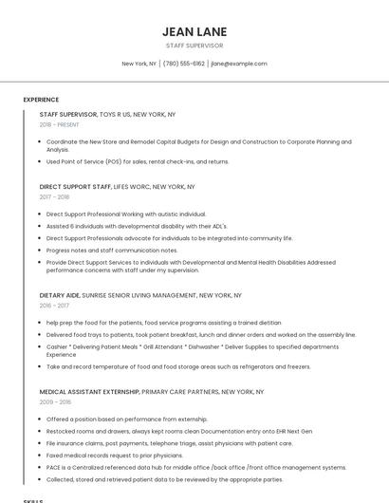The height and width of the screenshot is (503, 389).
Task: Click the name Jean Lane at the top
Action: pos(194,31)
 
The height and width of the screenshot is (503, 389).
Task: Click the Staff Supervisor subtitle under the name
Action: pos(194,46)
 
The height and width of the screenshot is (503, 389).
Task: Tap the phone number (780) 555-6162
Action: pos(183,64)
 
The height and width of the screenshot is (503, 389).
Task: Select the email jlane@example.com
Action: pos(238,64)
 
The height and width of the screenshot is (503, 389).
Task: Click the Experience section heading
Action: pos(41,100)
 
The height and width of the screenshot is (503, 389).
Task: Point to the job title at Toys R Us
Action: pos(68,114)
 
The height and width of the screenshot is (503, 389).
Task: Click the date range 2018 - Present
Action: pos(60,124)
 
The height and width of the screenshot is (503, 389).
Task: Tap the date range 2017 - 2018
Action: pos(55,197)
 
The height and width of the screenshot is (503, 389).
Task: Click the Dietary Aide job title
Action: pos(60,295)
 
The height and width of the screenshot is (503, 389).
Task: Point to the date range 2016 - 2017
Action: pos(55,306)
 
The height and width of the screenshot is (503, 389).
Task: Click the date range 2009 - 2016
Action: pos(55,402)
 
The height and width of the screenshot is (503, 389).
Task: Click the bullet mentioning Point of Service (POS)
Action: pos(138,161)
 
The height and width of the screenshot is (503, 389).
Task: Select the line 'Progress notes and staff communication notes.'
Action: pos(112,250)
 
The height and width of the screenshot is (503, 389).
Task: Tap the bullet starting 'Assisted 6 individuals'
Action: pos(137,226)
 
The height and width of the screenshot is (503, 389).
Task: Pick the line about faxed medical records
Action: pos(114,455)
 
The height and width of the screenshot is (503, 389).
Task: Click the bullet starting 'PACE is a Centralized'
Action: pos(195,467)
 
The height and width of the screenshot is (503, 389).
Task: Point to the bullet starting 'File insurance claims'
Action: pos(169,442)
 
